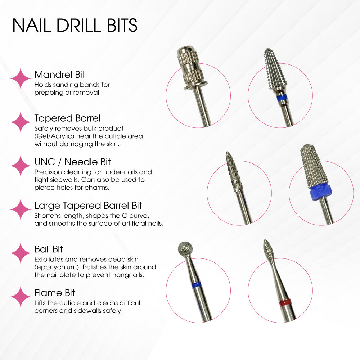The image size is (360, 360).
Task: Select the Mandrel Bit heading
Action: coord(60,75)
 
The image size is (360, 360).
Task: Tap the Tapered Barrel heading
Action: coord(67,118)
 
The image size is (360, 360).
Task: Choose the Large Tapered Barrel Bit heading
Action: coord(88,206)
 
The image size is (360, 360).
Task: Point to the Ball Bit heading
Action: coord(49,249)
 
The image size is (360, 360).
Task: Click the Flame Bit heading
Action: coord(55,292)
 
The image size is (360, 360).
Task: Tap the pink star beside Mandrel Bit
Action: coord(21,78)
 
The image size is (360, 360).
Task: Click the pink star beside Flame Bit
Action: coord(21,297)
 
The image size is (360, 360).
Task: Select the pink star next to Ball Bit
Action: coord(21,253)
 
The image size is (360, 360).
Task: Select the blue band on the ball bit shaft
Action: coord(196,285)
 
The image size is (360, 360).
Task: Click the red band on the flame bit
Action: coord(285,301)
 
